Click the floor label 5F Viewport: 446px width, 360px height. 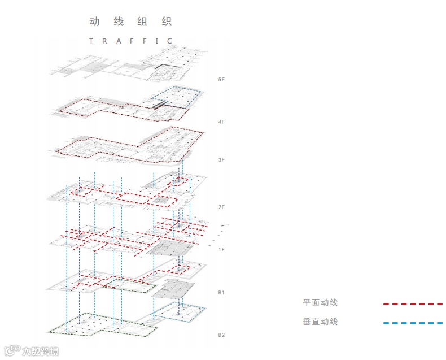coord(221,80)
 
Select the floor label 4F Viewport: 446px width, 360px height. coord(221,122)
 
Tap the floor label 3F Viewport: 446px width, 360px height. coord(221,160)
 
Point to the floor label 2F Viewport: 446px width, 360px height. coord(221,207)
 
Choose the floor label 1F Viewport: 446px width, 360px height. coord(221,249)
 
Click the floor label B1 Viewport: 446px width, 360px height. coord(221,293)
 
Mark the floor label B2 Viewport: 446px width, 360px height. coord(221,335)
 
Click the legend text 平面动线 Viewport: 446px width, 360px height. coord(320,303)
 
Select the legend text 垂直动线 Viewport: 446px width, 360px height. coord(320,322)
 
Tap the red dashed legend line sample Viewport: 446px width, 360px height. coord(412,304)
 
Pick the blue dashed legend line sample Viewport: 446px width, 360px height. coord(412,323)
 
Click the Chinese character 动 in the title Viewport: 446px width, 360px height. coord(95,22)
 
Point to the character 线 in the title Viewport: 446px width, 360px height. coord(119,22)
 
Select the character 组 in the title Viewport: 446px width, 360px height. coord(142,22)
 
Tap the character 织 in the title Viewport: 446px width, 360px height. coord(166,22)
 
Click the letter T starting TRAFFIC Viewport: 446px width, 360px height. coord(91,41)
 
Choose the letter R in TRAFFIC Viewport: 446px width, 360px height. coord(104,41)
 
